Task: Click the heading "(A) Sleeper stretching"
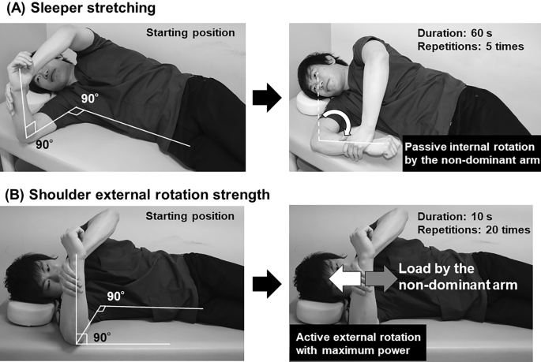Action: [81, 8]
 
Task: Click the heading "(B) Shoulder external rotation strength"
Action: [137, 195]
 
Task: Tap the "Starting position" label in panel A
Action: [190, 32]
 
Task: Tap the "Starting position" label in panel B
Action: [190, 216]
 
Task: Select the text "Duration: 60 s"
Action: [455, 33]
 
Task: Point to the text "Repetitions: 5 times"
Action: [471, 47]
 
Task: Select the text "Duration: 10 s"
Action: [455, 216]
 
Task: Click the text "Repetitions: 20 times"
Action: [474, 230]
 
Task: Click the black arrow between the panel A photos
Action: [267, 98]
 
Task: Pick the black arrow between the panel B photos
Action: [267, 284]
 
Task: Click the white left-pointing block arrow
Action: [345, 278]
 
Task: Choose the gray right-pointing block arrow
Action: [381, 278]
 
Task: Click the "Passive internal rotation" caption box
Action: [471, 153]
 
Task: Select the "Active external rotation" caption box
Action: [358, 343]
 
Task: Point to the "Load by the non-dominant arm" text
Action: [458, 277]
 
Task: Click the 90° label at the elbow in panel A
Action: [44, 144]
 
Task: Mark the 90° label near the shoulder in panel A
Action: [90, 99]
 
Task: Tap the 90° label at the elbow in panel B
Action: [102, 338]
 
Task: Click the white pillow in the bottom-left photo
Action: [32, 312]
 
